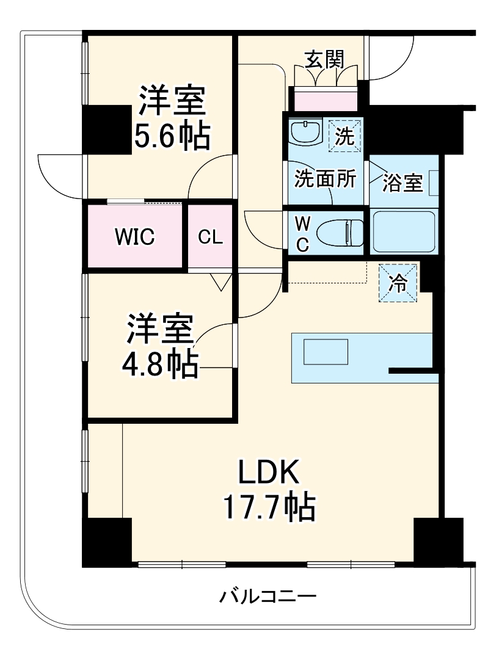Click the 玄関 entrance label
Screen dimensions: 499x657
(324, 59)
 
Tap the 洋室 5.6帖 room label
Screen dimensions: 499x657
(172, 118)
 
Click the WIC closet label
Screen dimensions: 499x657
(134, 237)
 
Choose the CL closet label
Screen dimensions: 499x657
(210, 237)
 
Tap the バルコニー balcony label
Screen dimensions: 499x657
(268, 595)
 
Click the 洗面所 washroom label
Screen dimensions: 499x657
(325, 180)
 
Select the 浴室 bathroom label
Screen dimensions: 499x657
(402, 183)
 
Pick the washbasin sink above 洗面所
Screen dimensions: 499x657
(305, 132)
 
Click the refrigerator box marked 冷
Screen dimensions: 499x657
(398, 283)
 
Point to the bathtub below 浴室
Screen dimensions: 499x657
(404, 231)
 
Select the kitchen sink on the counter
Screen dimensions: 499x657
(326, 352)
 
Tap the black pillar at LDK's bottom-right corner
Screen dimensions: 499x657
(439, 540)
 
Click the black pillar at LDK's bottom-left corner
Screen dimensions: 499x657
(107, 542)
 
